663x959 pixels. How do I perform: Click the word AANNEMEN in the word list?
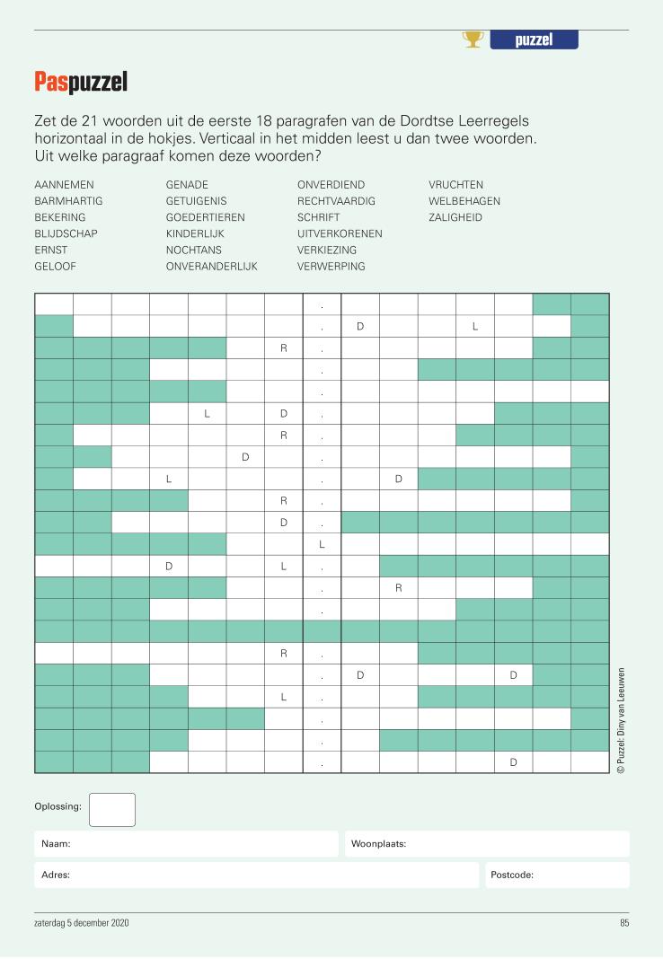64,185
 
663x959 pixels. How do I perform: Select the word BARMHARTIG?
68,201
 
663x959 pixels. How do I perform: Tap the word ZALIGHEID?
455,217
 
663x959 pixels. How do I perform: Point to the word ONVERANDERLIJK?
211,267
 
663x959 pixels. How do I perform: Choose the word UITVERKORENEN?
340,233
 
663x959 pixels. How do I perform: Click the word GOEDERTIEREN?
205,217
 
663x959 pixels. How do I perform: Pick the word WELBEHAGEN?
464,201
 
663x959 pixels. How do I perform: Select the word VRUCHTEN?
455,185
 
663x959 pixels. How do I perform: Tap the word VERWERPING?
331,267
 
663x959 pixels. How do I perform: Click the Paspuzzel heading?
81,83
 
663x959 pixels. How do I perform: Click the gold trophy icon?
473,40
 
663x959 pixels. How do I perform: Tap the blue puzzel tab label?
534,40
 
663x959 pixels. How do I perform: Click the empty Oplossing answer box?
112,809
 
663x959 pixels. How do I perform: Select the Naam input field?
187,844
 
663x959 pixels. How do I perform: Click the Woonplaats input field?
487,844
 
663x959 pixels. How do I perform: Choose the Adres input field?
257,875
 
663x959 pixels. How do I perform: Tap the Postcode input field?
557,875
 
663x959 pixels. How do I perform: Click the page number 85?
623,923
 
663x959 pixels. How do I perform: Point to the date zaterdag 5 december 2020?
82,923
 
